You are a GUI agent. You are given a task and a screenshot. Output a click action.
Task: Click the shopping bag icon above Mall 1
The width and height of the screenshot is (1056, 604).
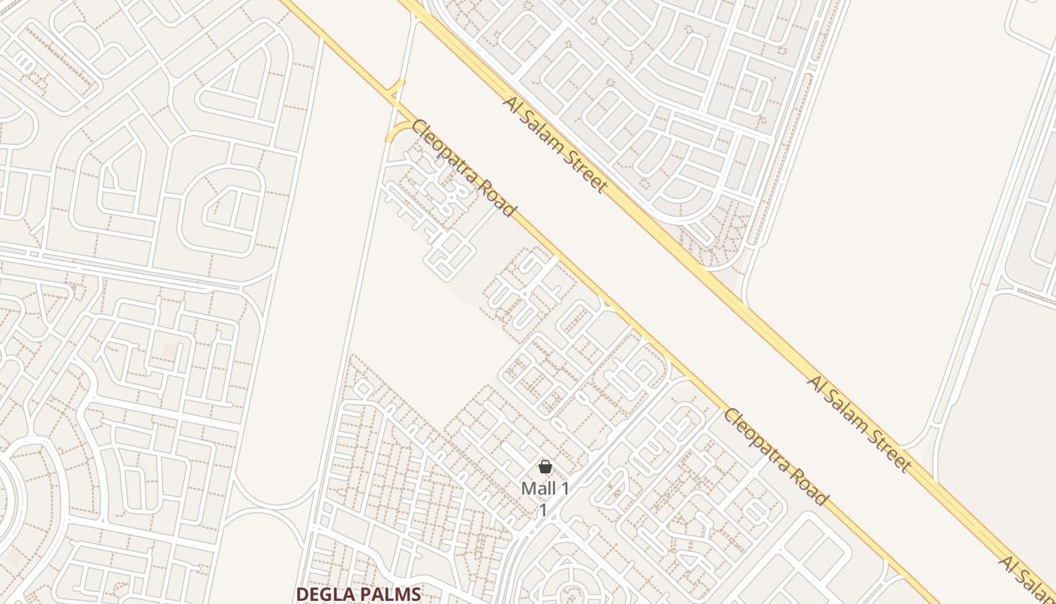[545, 467]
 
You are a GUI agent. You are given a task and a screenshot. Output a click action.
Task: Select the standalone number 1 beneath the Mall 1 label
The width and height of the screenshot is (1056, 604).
[542, 510]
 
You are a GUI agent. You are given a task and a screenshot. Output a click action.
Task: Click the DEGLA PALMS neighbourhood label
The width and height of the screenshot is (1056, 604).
[358, 594]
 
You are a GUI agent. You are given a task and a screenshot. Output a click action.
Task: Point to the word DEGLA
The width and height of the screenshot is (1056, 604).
[325, 594]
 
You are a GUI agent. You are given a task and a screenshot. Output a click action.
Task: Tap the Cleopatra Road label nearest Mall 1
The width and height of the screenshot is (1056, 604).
[776, 458]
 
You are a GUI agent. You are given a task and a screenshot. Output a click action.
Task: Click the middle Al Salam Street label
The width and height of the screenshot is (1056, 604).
[859, 423]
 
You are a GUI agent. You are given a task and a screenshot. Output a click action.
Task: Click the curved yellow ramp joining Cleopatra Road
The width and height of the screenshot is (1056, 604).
[397, 128]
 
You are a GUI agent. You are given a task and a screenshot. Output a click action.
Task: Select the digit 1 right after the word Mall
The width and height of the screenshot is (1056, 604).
[563, 488]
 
